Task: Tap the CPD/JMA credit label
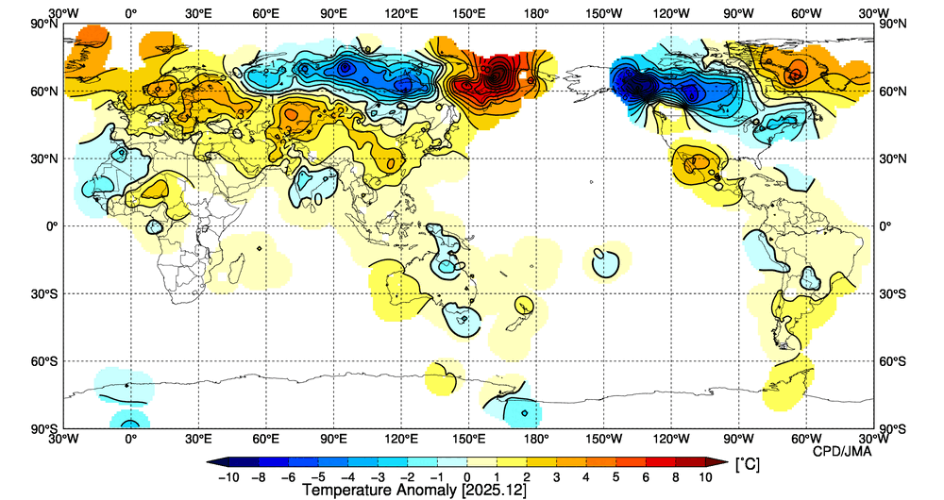point(843,452)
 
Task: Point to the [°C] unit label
point(746,464)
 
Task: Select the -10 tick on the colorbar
point(229,477)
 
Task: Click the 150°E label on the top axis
point(469,14)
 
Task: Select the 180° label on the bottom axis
point(536,439)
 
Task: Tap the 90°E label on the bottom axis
point(333,439)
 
